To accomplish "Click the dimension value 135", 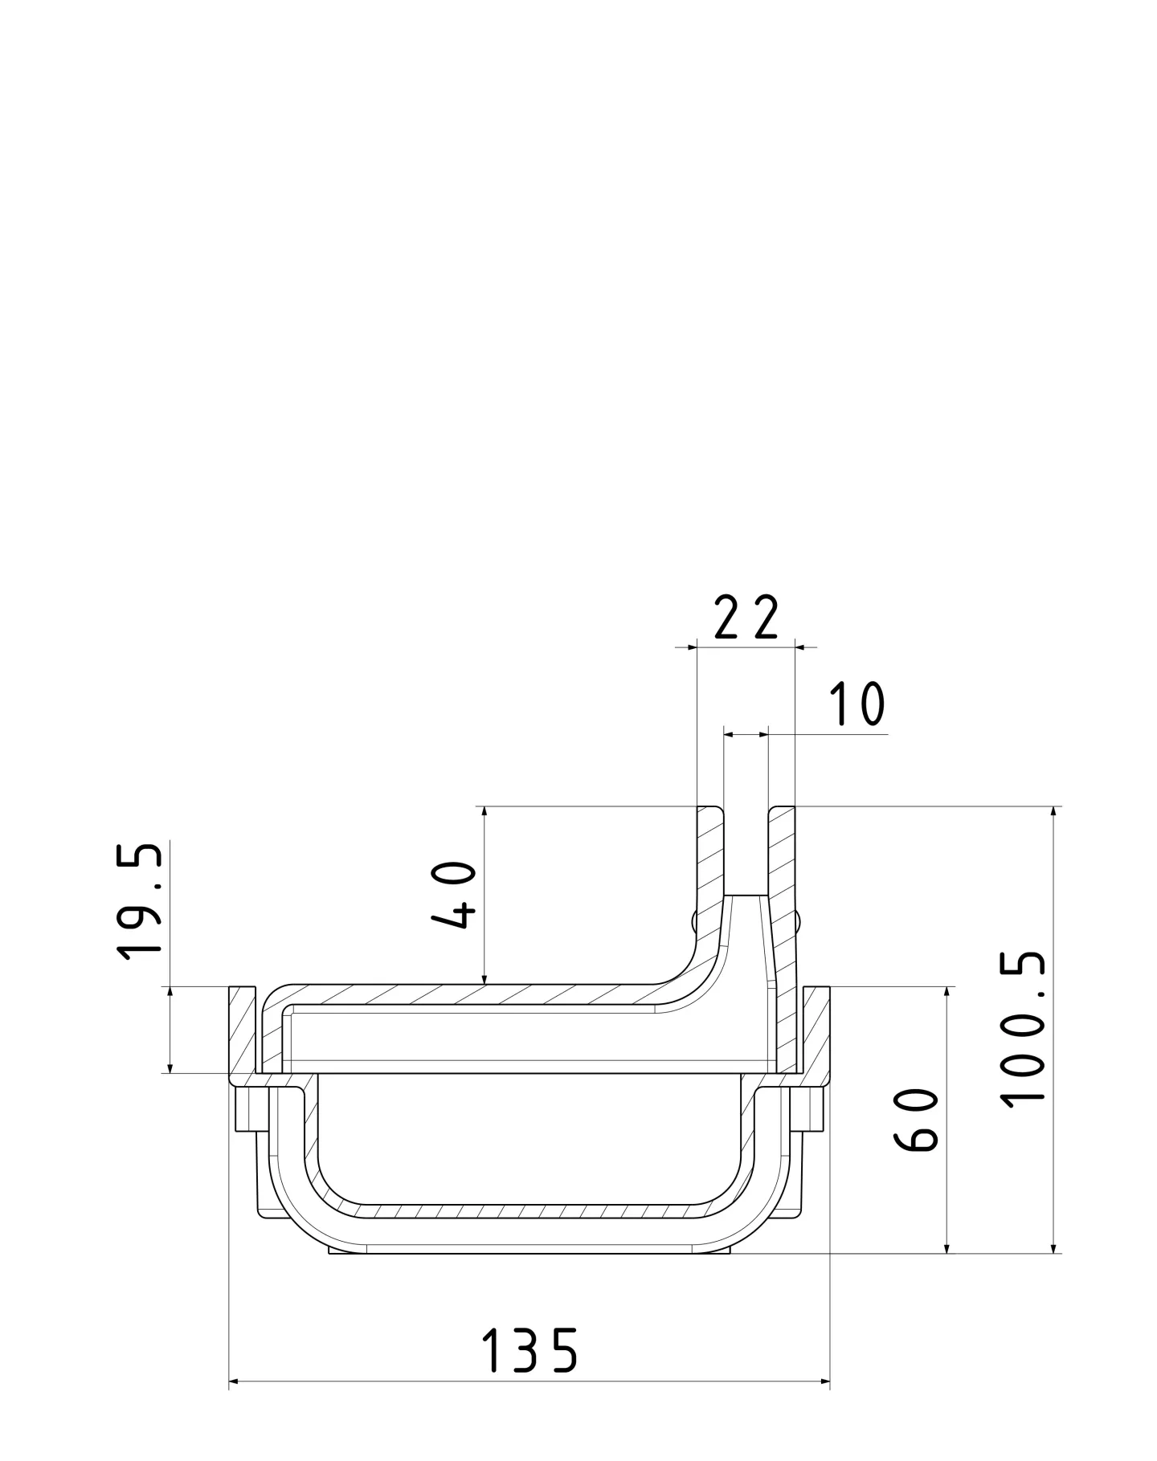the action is [529, 1349].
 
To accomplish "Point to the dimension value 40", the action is [454, 895].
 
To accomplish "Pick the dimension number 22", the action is [746, 618].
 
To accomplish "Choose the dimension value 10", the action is [857, 704].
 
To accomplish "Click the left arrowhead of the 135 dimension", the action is [235, 1381].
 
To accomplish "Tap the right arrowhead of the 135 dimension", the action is [824, 1381].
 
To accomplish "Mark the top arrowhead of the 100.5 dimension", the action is [1053, 811].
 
